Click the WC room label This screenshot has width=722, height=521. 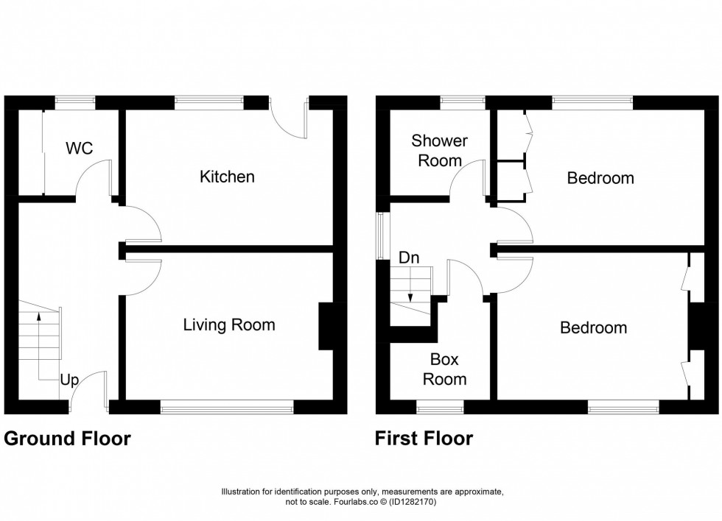coord(79,148)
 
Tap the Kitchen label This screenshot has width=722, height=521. coord(228,177)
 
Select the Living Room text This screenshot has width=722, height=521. coord(229,325)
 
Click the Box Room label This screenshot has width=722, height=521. coord(444,369)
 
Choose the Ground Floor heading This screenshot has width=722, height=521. coord(68,439)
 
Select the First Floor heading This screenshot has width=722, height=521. coord(424,439)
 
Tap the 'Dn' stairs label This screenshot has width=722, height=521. coord(409,258)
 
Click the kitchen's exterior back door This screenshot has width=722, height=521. coord(289,118)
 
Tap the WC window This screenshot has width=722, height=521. coord(76,103)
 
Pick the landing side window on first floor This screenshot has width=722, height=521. coord(380,236)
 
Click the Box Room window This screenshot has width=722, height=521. coord(440,403)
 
